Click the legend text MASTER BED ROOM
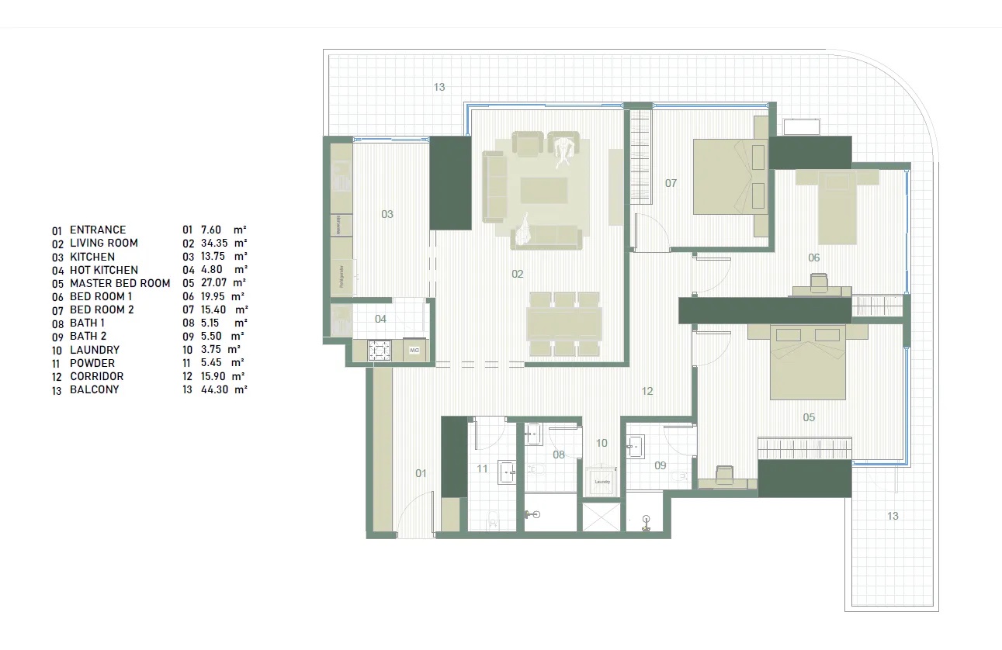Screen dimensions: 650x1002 (120, 283)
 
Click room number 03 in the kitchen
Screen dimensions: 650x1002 (387, 214)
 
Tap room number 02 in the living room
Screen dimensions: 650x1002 (518, 274)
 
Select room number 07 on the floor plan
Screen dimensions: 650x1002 (671, 183)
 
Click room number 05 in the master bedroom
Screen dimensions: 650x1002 (809, 417)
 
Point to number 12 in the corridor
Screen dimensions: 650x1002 (647, 392)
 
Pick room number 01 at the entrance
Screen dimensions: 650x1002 (421, 472)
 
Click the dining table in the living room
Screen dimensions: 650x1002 (564, 323)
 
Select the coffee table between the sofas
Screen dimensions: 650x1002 (543, 190)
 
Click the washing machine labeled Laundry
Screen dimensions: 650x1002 (602, 480)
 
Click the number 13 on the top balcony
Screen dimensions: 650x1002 (439, 87)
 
